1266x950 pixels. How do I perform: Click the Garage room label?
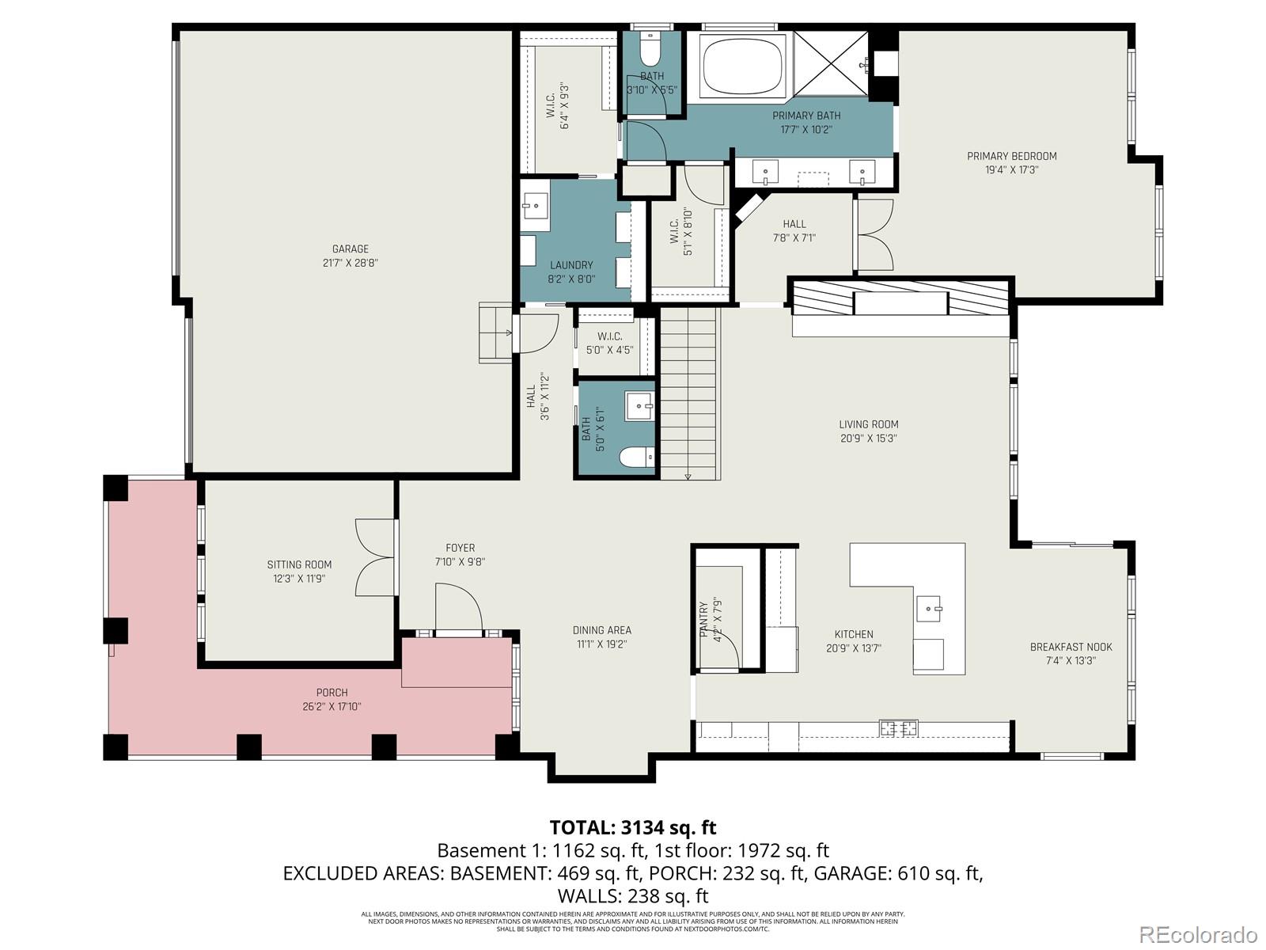(x=350, y=249)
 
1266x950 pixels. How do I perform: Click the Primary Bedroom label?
(x=1011, y=156)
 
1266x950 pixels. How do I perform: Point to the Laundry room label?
(x=570, y=265)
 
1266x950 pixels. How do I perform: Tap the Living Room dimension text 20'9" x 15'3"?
(x=868, y=439)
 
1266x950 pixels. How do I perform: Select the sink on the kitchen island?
(x=929, y=609)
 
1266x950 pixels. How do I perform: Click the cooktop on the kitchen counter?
(x=899, y=727)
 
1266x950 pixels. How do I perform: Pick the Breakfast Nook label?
(x=1071, y=647)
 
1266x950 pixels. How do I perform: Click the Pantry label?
(x=703, y=620)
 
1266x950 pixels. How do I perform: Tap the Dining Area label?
(x=602, y=631)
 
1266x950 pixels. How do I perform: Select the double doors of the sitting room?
(x=375, y=557)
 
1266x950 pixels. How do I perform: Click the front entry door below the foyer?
(x=459, y=610)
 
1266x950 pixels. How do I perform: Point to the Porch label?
(x=332, y=693)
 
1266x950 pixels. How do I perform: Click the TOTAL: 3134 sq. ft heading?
(x=632, y=827)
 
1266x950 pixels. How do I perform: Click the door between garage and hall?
(x=536, y=333)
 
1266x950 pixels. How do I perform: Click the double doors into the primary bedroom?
(x=874, y=234)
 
